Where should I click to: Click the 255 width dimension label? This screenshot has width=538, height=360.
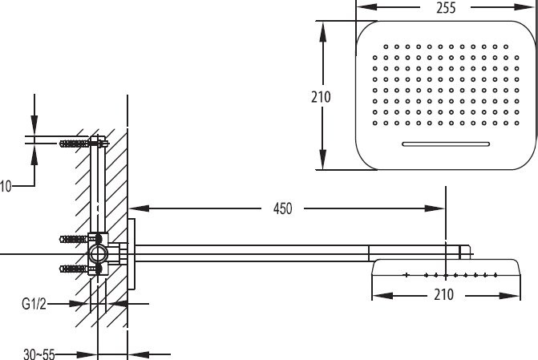coord(446,7)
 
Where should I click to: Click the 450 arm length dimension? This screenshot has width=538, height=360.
coord(283,208)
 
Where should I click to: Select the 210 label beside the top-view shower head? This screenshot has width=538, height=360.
coord(321,97)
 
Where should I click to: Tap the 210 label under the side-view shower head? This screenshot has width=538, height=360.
coord(443,294)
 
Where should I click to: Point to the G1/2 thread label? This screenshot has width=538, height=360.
coord(34,304)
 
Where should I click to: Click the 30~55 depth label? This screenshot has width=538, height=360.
coord(39,354)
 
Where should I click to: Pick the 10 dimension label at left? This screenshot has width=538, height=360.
coord(6,186)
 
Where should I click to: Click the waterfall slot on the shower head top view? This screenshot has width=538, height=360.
coord(446,144)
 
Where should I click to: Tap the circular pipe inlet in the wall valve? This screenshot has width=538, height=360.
coord(99,254)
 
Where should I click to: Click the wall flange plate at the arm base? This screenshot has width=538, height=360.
coord(131,254)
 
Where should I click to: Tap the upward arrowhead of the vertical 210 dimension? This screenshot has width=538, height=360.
coord(322,31)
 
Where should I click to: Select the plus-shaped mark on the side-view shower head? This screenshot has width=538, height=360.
coord(407,275)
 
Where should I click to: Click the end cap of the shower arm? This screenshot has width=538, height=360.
coord(465,253)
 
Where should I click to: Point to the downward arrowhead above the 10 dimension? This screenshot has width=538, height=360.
coord(34,124)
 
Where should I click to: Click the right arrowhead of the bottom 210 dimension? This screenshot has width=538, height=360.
coord(510,296)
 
